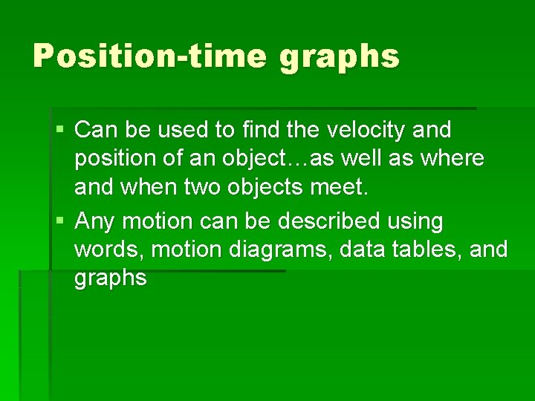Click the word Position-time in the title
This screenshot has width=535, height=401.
click(149, 56)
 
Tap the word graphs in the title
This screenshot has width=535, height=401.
click(340, 57)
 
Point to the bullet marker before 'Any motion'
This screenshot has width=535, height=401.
click(61, 221)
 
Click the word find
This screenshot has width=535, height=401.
click(260, 131)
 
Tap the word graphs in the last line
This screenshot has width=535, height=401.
click(110, 279)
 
